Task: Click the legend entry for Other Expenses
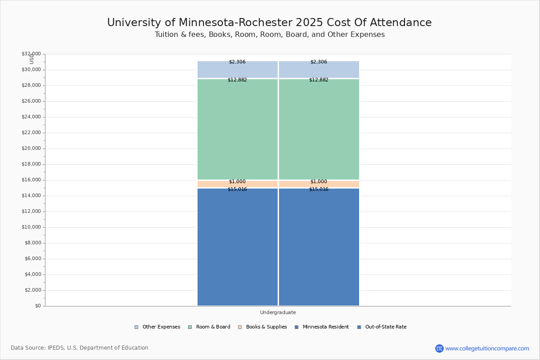click(x=161, y=327)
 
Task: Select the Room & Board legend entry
click(x=213, y=327)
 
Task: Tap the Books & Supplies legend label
click(x=266, y=327)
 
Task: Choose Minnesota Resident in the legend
click(x=325, y=327)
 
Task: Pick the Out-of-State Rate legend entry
click(x=386, y=327)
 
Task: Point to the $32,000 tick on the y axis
click(x=31, y=54)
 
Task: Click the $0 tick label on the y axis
click(x=37, y=306)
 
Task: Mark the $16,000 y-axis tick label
click(x=31, y=180)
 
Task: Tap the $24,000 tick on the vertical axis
click(x=31, y=117)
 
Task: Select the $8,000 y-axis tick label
click(x=32, y=243)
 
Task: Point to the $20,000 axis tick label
click(x=31, y=148)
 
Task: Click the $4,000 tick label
click(x=32, y=274)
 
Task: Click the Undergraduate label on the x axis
click(x=278, y=312)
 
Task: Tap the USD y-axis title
click(x=31, y=58)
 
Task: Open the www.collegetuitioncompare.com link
click(x=487, y=348)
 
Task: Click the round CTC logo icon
click(x=439, y=348)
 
